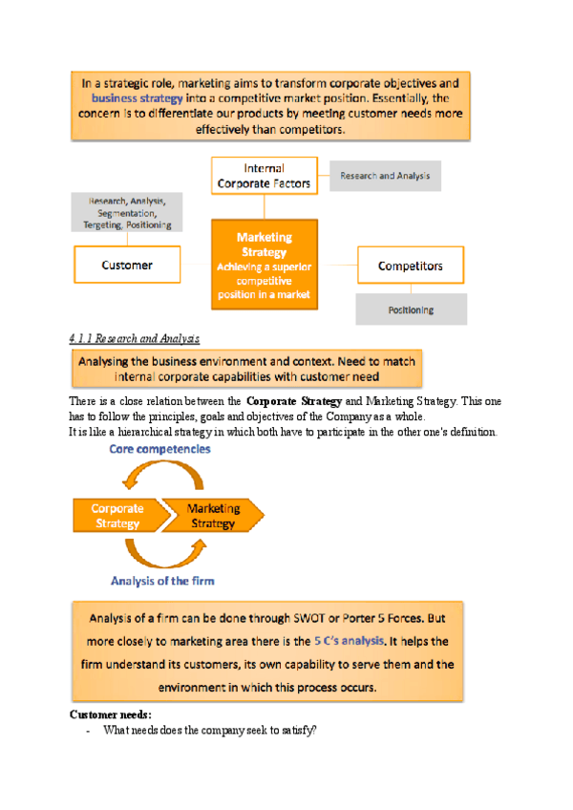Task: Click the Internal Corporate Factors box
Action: (264, 176)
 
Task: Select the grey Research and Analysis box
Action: (385, 176)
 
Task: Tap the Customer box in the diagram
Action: (127, 265)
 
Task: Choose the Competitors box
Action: (410, 265)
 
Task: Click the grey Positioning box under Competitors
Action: (411, 309)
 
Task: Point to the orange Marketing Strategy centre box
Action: (265, 264)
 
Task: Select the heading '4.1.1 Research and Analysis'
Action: (135, 339)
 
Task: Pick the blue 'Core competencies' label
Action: (159, 448)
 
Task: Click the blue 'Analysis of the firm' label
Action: (162, 580)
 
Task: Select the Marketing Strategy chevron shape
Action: (214, 516)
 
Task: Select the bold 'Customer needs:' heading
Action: (111, 714)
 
